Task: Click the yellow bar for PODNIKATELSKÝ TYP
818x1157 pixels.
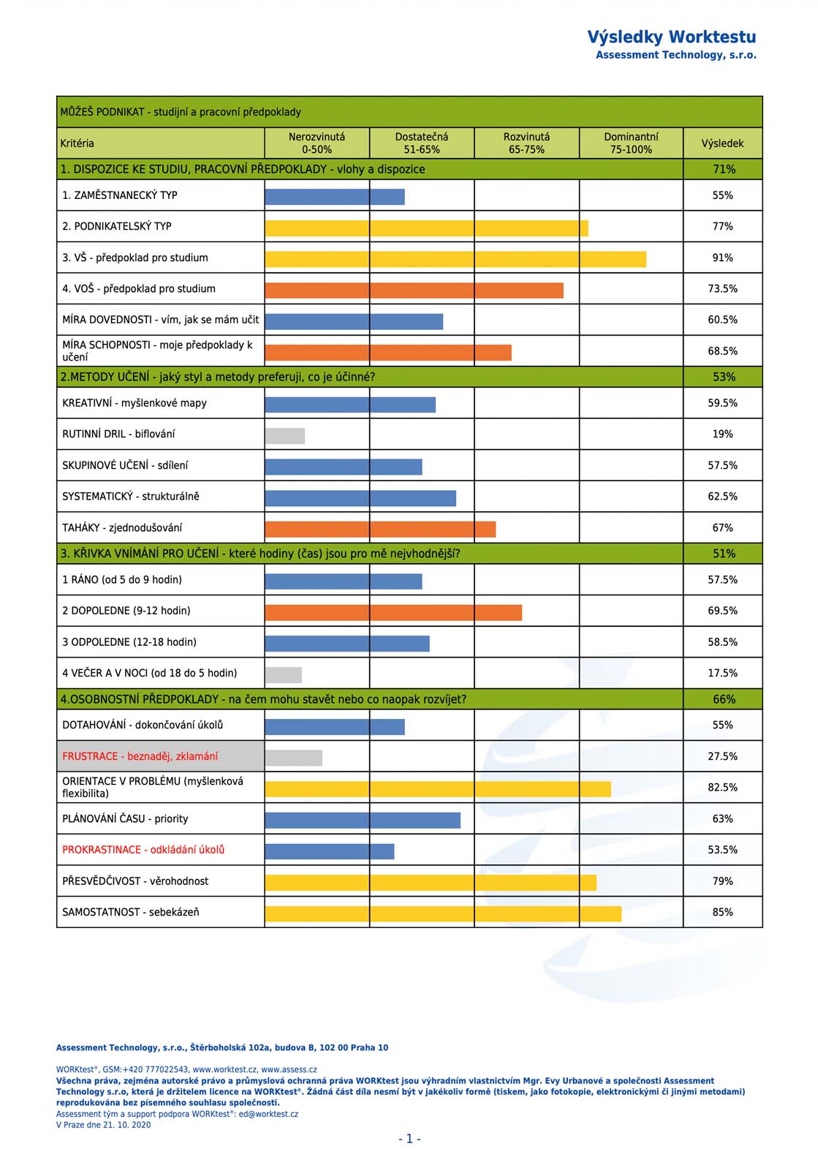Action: [x=426, y=228]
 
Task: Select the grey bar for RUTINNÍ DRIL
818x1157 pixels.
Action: [x=285, y=436]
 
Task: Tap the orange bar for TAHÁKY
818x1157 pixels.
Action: [x=380, y=529]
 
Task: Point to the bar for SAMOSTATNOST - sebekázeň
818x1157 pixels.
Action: [x=443, y=913]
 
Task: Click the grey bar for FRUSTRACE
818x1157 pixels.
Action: [x=293, y=758]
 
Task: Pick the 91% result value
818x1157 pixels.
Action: [x=722, y=258]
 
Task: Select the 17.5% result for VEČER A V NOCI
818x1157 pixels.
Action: [x=722, y=674]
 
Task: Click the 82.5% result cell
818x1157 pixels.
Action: [x=722, y=788]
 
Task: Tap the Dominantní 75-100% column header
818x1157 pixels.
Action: [x=631, y=143]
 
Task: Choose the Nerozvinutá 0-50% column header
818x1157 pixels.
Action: [x=317, y=143]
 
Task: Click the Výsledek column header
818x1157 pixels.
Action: [x=722, y=143]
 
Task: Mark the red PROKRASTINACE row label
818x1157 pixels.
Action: [x=143, y=850]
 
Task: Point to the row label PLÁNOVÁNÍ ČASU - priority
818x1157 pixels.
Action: [x=125, y=819]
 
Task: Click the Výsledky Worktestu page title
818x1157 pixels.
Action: [x=671, y=37]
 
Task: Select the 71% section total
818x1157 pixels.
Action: [x=724, y=170]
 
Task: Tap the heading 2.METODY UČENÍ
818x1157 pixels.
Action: [x=217, y=377]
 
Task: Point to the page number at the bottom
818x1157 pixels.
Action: [x=409, y=1139]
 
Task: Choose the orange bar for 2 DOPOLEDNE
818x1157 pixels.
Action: [x=393, y=612]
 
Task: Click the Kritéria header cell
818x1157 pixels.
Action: [x=77, y=143]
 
